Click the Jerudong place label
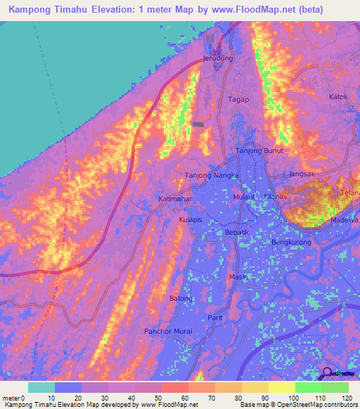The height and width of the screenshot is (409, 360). point(217,58)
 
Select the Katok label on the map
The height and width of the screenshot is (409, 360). point(339,96)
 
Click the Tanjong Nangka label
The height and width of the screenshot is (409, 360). point(212,175)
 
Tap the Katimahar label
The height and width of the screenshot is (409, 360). point(175,200)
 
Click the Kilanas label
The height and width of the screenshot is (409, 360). point(274,197)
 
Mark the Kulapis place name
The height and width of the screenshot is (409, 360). point(190,220)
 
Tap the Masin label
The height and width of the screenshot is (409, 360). point(236,277)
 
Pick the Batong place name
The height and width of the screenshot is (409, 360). point(181,299)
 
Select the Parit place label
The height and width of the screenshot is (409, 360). point(215,318)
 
